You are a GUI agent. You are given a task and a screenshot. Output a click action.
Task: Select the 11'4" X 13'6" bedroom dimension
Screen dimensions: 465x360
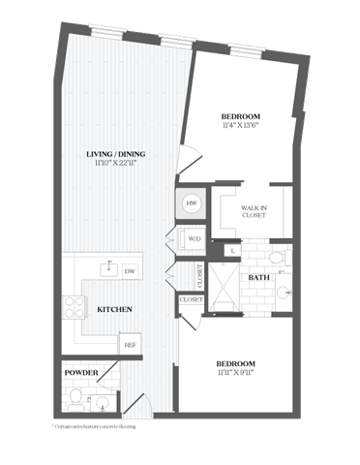click(239, 125)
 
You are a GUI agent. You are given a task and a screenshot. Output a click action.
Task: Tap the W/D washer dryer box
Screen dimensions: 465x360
click(192, 238)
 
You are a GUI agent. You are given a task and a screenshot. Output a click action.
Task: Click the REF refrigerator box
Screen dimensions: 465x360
click(129, 343)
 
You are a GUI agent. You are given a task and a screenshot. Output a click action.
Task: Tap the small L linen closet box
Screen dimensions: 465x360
click(234, 251)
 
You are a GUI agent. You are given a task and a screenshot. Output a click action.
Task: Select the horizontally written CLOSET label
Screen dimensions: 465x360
click(191, 300)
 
